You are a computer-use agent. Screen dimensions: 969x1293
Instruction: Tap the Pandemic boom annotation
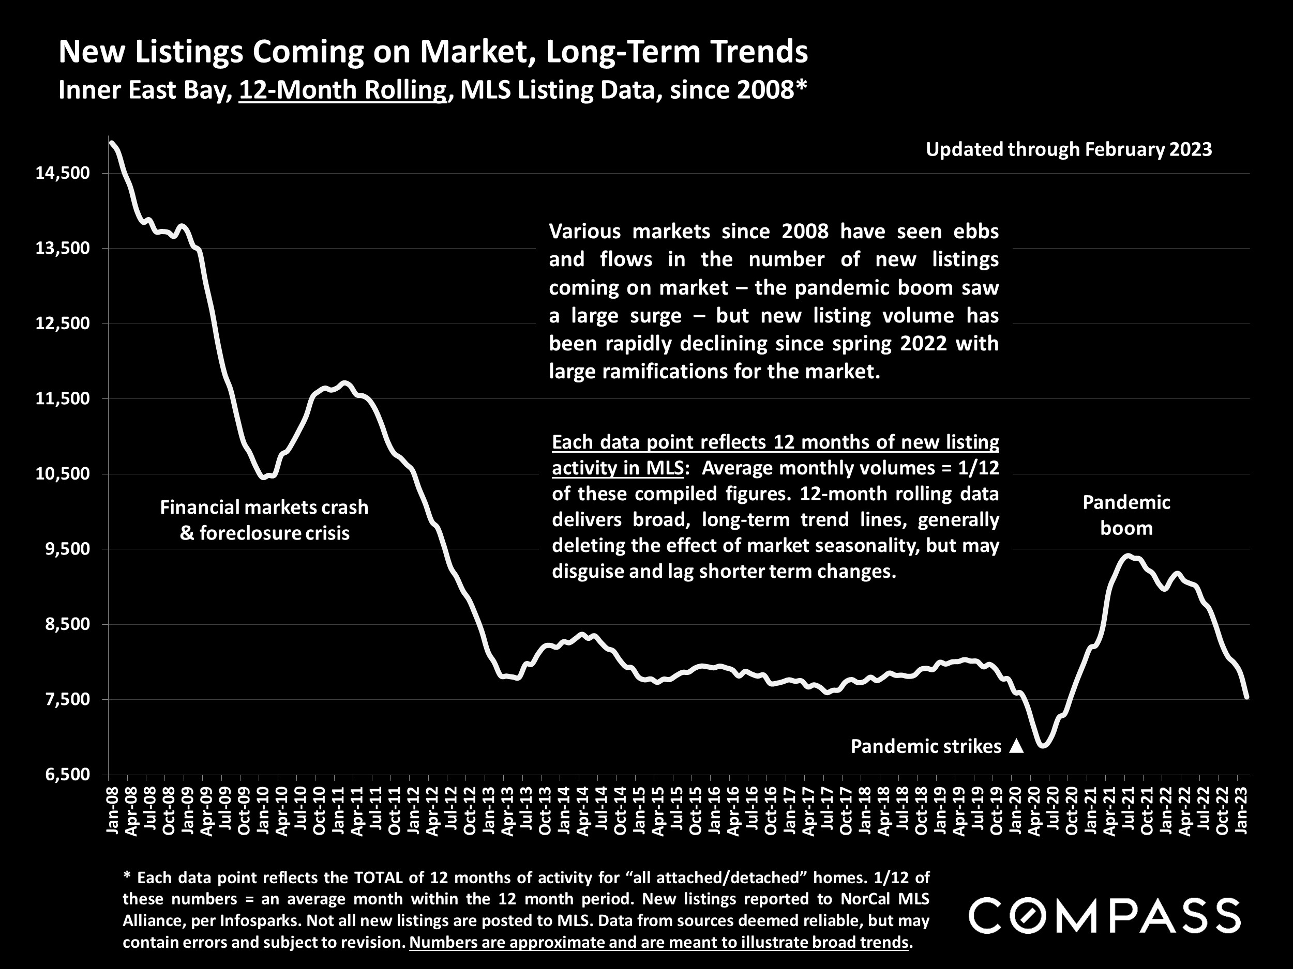pyautogui.click(x=1126, y=515)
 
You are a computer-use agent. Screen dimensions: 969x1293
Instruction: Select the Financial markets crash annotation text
pyautogui.click(x=264, y=507)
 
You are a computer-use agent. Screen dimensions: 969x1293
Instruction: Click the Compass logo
pyautogui.click(x=1105, y=916)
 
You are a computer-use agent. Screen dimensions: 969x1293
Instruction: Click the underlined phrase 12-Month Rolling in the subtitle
pyautogui.click(x=342, y=90)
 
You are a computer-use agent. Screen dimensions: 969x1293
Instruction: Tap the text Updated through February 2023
pyautogui.click(x=1069, y=149)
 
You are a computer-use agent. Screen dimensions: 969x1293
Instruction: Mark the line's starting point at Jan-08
pyautogui.click(x=111, y=142)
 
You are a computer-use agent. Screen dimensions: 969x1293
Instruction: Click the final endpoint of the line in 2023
pyautogui.click(x=1247, y=697)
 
